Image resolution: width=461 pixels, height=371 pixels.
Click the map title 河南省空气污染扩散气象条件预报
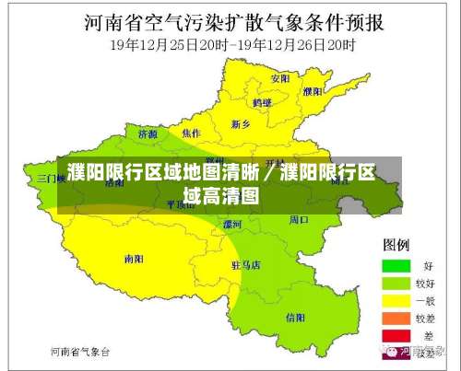tap(230, 20)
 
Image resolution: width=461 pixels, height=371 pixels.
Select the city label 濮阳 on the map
tap(313, 92)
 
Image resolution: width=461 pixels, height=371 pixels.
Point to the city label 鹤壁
tap(263, 102)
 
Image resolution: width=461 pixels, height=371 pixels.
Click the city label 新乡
tap(242, 122)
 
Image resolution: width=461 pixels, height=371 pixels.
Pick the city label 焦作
tap(192, 133)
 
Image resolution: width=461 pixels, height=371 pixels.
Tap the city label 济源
tap(148, 133)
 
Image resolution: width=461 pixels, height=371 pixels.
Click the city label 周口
tap(299, 220)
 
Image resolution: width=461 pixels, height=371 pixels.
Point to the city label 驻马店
tap(246, 265)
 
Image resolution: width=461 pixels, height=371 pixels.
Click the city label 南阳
tap(134, 260)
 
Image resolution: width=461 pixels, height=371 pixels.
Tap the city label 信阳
tap(296, 318)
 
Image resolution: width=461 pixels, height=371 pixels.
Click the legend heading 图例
tap(396, 245)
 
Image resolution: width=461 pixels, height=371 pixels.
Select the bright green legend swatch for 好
tap(396, 265)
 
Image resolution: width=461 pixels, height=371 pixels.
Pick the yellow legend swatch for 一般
tap(396, 300)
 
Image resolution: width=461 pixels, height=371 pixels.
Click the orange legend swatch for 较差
tap(396, 318)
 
